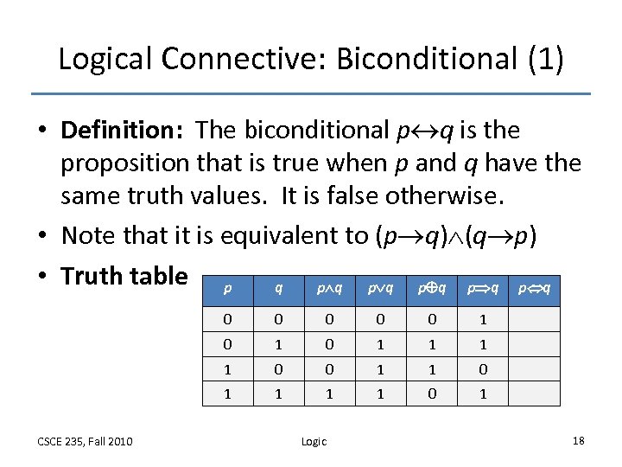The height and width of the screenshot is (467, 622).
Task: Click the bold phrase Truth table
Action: (x=124, y=276)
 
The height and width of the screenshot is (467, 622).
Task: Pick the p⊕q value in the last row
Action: (x=433, y=393)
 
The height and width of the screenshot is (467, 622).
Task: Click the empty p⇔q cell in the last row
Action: (x=535, y=393)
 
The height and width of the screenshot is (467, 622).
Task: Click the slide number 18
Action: (x=579, y=441)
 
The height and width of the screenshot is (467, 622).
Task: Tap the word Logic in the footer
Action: (x=314, y=441)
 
